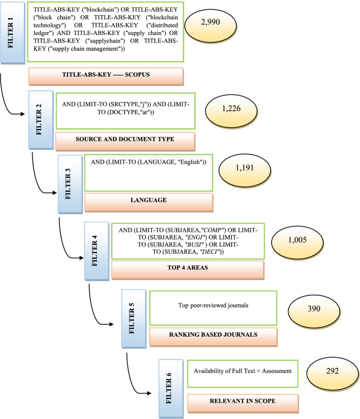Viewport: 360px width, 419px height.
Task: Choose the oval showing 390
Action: (313, 310)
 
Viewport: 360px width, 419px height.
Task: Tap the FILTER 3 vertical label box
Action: (70, 187)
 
